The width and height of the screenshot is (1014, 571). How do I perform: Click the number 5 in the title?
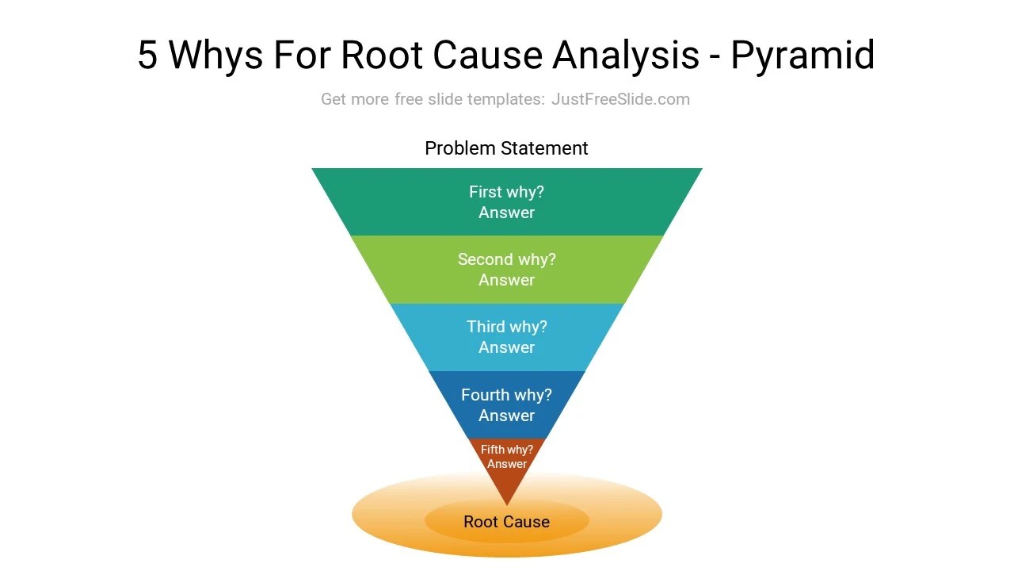[148, 56]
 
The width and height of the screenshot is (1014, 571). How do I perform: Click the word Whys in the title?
[215, 56]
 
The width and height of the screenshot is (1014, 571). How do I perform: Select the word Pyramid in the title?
[802, 56]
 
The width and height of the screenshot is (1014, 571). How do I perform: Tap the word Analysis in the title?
[626, 56]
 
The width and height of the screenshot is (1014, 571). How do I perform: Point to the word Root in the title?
[382, 56]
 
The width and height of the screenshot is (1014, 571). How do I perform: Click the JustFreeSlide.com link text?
[620, 99]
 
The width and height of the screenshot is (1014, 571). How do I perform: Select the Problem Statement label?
[506, 148]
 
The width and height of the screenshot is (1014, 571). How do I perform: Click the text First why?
[506, 192]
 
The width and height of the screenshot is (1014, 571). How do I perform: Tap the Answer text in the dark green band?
[506, 213]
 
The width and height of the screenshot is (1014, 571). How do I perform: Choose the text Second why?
[506, 259]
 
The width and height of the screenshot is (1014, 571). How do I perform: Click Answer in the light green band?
[506, 280]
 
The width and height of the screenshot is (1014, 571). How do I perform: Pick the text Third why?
[506, 327]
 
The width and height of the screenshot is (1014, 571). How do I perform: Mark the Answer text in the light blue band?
[506, 347]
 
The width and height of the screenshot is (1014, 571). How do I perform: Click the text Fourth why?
[506, 395]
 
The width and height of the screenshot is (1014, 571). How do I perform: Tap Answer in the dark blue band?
[506, 416]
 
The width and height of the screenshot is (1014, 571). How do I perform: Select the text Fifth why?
[507, 450]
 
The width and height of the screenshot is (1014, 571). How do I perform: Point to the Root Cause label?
[506, 522]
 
